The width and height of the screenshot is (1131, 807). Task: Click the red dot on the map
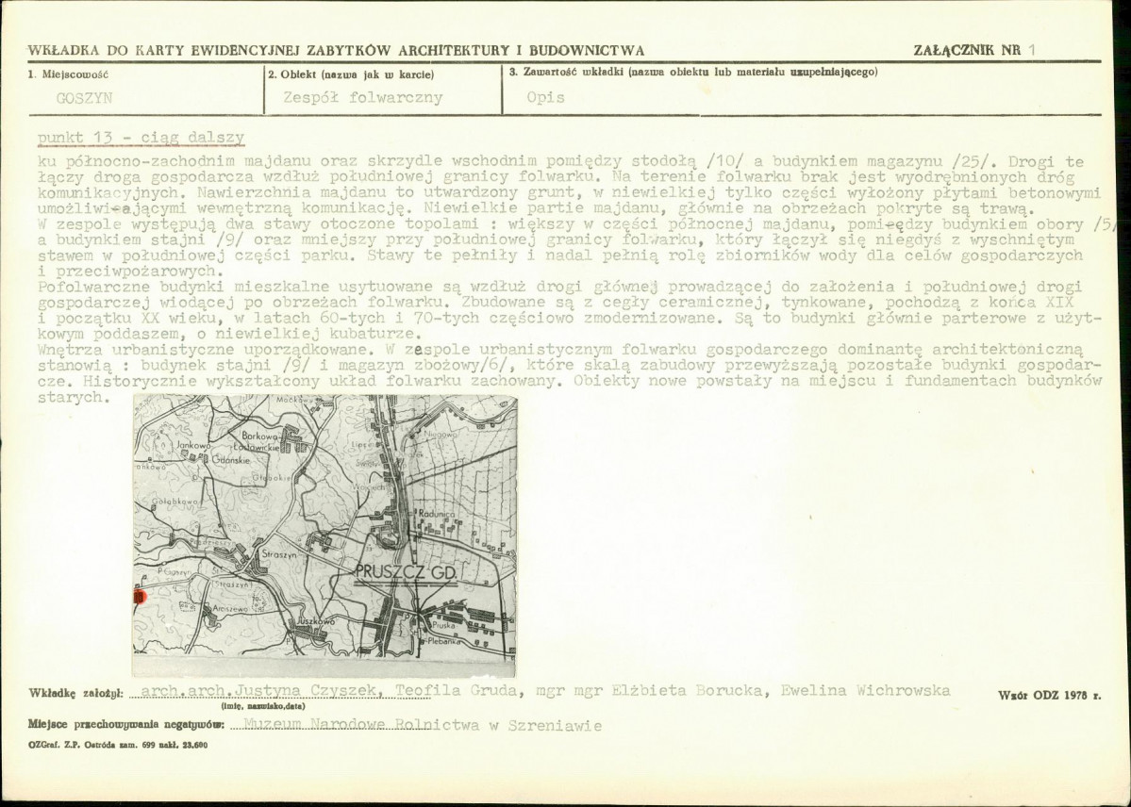click(139, 596)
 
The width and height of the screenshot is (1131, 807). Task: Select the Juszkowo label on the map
click(316, 621)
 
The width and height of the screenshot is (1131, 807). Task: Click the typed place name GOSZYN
click(84, 98)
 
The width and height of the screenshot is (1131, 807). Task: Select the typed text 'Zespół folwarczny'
click(362, 98)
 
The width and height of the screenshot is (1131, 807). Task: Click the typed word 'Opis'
click(546, 98)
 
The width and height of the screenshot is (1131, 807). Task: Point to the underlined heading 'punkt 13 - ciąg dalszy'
click(141, 138)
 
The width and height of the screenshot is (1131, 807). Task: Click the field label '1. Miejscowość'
click(69, 73)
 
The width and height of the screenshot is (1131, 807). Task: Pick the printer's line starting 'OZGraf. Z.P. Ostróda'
click(118, 745)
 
